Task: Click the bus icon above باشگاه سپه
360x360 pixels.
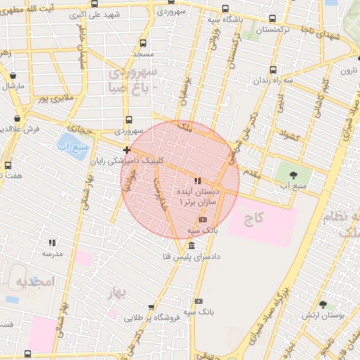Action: click(224, 8)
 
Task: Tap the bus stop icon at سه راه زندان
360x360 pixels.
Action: click(274, 69)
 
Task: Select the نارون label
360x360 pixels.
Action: click(349, 71)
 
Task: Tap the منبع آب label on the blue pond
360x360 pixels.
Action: click(70, 147)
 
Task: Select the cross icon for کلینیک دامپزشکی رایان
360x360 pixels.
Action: click(127, 150)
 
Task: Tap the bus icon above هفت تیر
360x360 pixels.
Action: click(8, 166)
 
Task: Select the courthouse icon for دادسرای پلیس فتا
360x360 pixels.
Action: click(192, 245)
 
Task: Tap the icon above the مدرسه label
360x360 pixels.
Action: click(53, 243)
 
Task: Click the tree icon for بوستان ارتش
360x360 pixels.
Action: click(323, 304)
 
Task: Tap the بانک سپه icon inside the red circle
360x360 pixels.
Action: click(203, 219)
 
